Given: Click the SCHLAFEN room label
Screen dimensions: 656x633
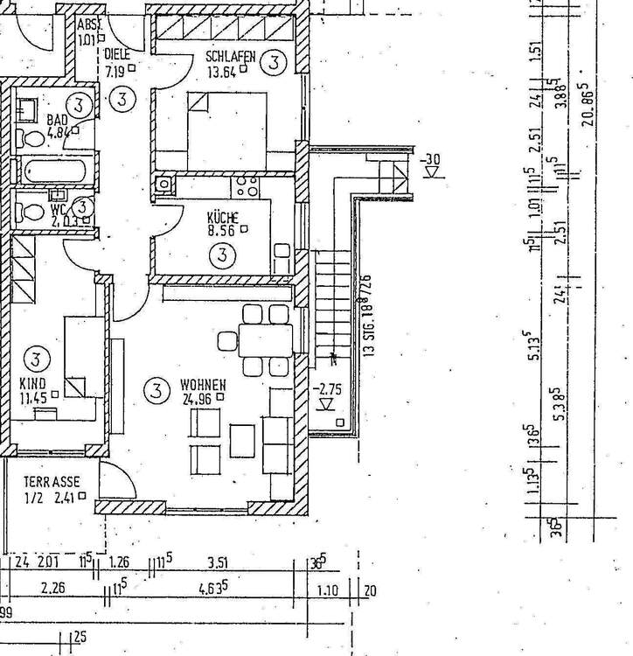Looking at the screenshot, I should click(231, 58).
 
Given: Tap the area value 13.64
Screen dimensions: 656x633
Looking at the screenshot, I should click(224, 73).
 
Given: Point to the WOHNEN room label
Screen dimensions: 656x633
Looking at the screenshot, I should click(204, 384).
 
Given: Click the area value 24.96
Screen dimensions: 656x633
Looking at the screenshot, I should click(198, 398).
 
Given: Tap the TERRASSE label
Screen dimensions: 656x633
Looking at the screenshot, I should click(52, 482).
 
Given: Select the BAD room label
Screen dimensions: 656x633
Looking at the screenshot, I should click(58, 120).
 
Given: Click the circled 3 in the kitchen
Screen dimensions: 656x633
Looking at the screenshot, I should click(224, 255).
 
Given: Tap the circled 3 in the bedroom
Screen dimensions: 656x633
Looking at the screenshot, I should click(275, 61).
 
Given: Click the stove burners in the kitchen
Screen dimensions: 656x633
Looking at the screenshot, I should click(247, 185).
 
